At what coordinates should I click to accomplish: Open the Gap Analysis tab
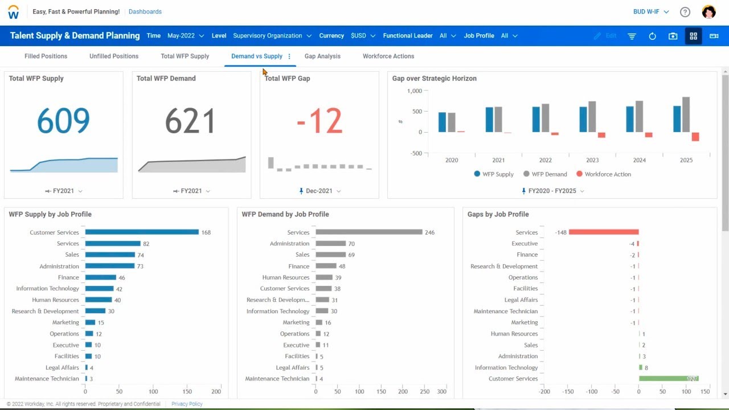tap(322, 56)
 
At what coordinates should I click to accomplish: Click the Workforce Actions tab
tap(388, 56)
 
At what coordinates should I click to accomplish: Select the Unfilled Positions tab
tap(114, 56)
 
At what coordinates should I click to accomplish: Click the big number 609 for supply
tap(63, 121)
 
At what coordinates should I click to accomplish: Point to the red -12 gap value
tap(319, 121)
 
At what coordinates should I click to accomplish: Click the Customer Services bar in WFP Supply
tap(142, 232)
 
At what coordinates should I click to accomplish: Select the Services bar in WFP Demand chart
tap(368, 232)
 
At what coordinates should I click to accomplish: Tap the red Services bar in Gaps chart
tap(603, 232)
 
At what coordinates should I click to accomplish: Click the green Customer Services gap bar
tap(668, 379)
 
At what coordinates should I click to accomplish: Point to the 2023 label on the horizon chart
tap(592, 161)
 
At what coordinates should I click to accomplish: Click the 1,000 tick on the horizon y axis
tap(414, 91)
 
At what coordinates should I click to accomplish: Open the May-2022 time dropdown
tap(185, 36)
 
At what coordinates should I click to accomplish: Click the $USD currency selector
tap(363, 36)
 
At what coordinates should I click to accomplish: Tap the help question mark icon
tap(685, 12)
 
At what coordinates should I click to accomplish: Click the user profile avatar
tap(708, 12)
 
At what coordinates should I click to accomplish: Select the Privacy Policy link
tap(187, 404)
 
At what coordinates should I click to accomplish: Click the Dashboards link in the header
tap(145, 12)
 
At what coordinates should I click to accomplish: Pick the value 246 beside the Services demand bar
tap(430, 232)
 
